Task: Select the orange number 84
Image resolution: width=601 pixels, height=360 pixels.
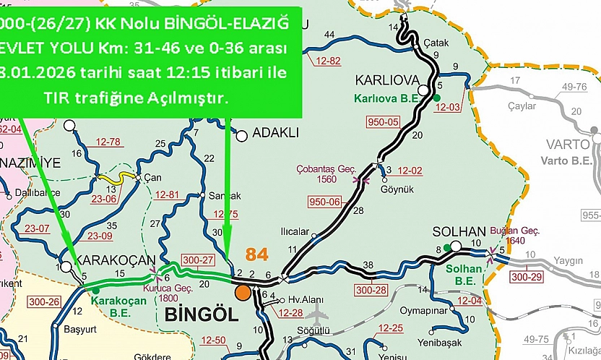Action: click(257, 254)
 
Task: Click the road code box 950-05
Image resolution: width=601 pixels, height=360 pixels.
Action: click(384, 121)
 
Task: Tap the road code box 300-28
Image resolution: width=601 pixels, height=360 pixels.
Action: click(372, 290)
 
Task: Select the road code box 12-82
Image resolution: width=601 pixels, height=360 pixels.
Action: click(324, 61)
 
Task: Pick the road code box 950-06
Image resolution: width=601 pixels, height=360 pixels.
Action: click(324, 202)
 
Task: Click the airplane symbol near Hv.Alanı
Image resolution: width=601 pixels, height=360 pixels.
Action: click(315, 315)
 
